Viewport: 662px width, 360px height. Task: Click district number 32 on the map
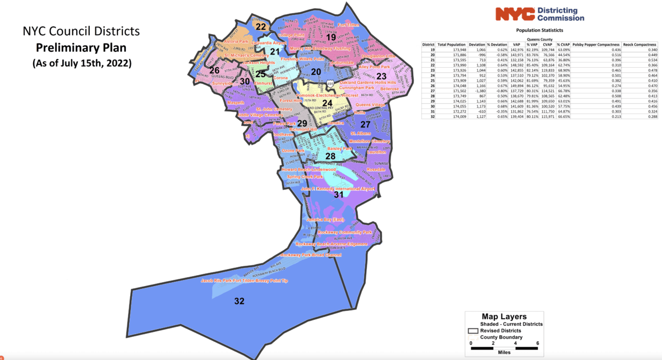coord(239,301)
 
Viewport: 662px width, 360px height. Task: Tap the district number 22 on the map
coord(260,27)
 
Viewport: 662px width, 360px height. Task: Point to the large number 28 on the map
coord(330,157)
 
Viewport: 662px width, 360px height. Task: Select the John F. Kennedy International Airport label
coord(338,189)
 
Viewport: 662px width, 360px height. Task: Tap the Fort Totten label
coord(349,25)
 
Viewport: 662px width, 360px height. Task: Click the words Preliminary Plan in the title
coord(81,46)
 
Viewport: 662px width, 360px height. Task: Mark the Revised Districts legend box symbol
coord(472,331)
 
